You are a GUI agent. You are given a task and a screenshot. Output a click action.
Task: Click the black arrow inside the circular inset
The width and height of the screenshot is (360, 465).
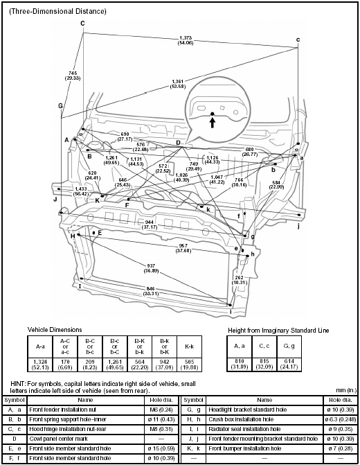[212, 121]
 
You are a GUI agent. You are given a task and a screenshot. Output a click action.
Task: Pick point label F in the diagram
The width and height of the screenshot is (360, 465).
[127, 206]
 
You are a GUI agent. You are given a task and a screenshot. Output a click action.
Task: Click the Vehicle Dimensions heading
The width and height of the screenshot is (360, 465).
[56, 329]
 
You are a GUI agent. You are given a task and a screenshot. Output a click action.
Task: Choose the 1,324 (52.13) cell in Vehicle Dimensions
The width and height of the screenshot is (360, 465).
[39, 364]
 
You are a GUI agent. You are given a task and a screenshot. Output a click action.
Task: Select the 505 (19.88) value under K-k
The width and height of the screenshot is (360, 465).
[190, 364]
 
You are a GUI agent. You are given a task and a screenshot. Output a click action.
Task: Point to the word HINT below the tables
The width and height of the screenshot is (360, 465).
[19, 383]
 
